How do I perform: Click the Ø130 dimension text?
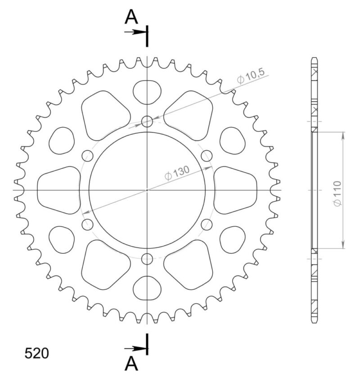pyautogui.click(x=176, y=173)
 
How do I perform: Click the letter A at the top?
pyautogui.click(x=131, y=17)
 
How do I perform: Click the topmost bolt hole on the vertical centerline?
pyautogui.click(x=147, y=121)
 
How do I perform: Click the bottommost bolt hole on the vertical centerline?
pyautogui.click(x=147, y=259)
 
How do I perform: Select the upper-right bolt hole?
pyautogui.click(x=207, y=156)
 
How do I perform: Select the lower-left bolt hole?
pyautogui.click(x=87, y=224)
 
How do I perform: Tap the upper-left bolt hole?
pyautogui.click(x=87, y=156)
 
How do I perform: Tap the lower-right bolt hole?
pyautogui.click(x=207, y=224)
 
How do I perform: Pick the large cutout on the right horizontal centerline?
pyautogui.click(x=235, y=190)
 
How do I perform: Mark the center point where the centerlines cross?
pyautogui.click(x=147, y=190)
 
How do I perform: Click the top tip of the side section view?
pyautogui.click(x=315, y=58)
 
